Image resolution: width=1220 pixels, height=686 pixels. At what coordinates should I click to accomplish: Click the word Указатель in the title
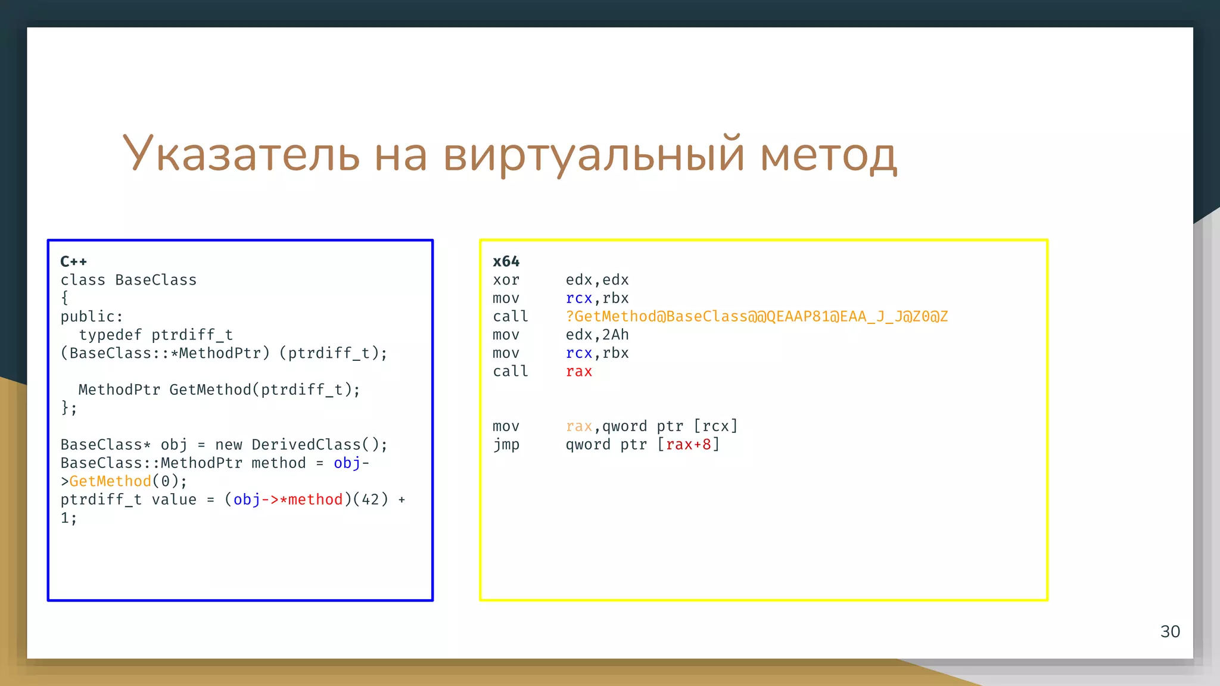pos(241,154)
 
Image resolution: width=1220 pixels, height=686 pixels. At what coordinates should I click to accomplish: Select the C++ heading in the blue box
pos(74,261)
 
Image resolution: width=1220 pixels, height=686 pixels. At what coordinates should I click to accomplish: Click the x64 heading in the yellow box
pos(506,261)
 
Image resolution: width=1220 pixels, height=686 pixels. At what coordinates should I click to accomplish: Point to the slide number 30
pos(1170,631)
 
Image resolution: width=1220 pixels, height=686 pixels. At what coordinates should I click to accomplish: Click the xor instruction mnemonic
pos(506,280)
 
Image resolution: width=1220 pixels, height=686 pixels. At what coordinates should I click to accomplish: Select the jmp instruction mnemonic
pos(506,444)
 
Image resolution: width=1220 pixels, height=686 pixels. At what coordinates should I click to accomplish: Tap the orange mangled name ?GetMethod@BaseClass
pos(757,316)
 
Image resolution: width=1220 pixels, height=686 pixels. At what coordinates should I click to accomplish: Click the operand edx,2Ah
pos(597,335)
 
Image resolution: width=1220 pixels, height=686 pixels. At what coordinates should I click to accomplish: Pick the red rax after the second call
pos(578,372)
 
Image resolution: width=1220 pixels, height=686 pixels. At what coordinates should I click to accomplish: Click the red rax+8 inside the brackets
pos(688,444)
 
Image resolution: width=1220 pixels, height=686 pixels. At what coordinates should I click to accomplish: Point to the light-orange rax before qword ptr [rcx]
pos(578,426)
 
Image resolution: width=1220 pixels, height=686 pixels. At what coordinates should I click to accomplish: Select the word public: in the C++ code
pos(92,316)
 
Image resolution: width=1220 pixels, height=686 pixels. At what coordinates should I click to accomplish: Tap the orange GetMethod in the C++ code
pos(110,481)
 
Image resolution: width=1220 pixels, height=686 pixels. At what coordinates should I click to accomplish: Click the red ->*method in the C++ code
pos(302,500)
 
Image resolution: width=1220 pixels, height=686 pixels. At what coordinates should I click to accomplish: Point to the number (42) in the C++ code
pos(371,500)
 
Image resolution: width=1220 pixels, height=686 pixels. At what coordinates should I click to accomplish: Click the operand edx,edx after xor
pos(597,280)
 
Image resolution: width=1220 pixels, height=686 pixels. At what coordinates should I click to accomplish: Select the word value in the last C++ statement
pos(174,500)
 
